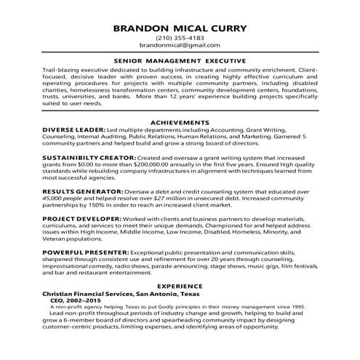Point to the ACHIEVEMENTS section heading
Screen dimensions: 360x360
click(180, 120)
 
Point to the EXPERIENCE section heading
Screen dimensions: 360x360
click(180, 287)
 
